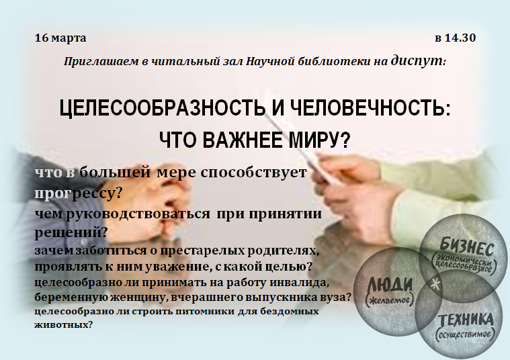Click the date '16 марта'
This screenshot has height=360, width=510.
pos(60,38)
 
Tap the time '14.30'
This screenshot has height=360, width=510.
pos(460,38)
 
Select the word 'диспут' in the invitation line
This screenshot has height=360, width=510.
pos(418,60)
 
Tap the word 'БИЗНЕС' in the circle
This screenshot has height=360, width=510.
pos(468,247)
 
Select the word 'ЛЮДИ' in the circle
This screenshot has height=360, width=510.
pos(389,285)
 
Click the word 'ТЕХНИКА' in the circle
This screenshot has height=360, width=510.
pos(466,320)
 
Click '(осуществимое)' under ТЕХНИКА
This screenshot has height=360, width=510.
pos(465,334)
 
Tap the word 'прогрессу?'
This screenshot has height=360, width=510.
pos(78,193)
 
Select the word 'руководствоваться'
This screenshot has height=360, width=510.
pos(138,214)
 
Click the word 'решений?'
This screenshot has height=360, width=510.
pos(71,232)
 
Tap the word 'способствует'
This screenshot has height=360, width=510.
pos(253,173)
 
